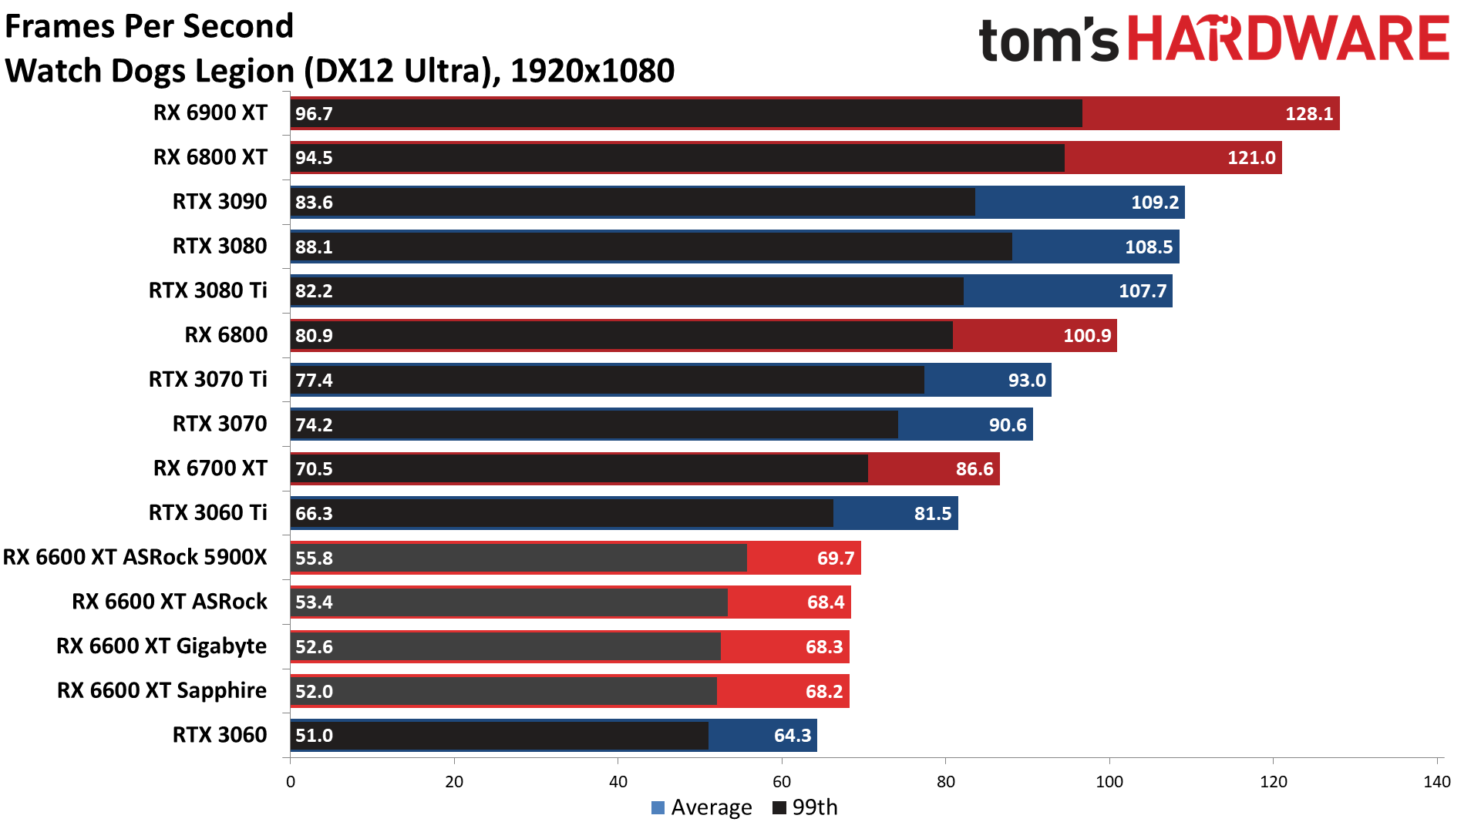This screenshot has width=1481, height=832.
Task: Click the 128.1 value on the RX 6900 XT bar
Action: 1308,114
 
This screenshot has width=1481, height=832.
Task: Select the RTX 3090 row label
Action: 220,202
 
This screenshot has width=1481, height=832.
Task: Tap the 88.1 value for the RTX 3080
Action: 314,247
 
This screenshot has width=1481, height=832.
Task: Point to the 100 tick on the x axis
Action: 1109,782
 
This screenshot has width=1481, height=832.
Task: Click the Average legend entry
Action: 702,807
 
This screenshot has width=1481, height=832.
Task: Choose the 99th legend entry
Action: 806,807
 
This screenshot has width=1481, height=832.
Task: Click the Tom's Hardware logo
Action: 1213,40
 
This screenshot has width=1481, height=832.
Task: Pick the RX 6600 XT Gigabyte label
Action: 161,646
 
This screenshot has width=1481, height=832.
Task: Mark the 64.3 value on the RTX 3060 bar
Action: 792,736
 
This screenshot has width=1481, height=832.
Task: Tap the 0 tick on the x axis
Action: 291,782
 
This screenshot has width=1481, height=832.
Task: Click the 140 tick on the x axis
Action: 1436,782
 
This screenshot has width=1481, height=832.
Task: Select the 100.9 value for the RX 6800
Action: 1087,336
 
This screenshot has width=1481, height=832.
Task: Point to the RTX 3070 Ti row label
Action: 207,380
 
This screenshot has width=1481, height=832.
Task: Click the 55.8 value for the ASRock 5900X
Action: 314,558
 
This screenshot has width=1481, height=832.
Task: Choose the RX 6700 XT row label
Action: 210,468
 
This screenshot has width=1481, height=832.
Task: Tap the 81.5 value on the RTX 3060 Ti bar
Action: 932,514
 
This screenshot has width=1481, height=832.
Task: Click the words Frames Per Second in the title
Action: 150,26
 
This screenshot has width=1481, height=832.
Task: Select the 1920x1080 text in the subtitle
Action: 592,71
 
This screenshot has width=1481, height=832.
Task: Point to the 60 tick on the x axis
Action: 782,782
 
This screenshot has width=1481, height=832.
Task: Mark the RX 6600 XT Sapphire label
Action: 161,691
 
